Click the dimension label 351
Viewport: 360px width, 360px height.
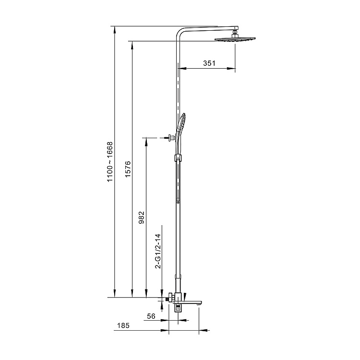coord(209,63)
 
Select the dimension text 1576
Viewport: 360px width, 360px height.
coord(128,169)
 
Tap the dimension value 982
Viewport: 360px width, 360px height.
coord(142,217)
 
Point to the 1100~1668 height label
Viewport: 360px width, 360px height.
coord(110,162)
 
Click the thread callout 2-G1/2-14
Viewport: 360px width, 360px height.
coord(158,251)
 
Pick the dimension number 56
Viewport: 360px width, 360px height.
coord(151,316)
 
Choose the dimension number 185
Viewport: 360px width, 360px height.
coord(123,325)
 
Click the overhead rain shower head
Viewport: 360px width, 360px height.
coord(235,39)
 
